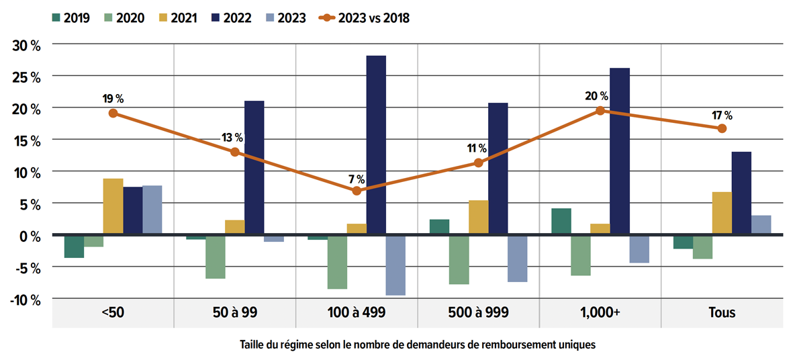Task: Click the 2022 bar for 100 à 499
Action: (376, 145)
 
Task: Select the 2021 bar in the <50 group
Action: (113, 207)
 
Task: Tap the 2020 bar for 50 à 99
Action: (215, 257)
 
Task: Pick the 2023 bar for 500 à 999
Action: (517, 259)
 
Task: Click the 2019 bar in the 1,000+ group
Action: (561, 222)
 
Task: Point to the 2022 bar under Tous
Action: (741, 193)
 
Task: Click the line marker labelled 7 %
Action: (357, 191)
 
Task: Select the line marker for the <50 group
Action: (113, 114)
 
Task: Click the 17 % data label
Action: (722, 115)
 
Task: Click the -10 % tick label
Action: (26, 300)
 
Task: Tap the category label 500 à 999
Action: (479, 312)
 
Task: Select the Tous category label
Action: (722, 312)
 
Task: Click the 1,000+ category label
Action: (600, 312)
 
